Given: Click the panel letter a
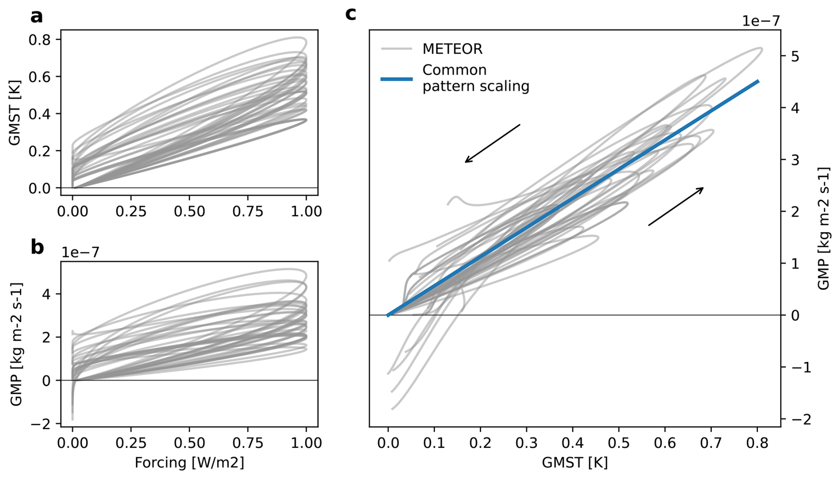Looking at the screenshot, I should [37, 16].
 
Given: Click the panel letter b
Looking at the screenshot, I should [37, 247].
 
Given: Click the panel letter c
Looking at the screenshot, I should [350, 14].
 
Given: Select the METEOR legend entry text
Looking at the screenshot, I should [452, 49].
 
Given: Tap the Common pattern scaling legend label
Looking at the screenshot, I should [475, 78].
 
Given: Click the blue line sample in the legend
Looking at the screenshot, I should [396, 79].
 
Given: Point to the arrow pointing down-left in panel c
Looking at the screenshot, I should [492, 143].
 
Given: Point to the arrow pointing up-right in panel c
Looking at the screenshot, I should [676, 206].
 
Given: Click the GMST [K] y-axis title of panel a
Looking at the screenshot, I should [15, 113].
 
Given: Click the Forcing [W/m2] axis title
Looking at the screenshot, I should [190, 463].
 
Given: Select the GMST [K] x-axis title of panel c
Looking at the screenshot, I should [575, 463].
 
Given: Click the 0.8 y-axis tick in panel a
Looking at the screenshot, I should [40, 40].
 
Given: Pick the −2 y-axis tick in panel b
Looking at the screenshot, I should [41, 424].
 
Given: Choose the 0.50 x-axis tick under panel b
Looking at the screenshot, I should [190, 443].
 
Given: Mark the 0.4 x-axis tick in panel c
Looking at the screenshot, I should [573, 443].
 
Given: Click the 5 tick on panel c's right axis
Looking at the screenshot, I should [795, 56].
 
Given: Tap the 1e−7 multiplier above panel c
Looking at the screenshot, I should [761, 21].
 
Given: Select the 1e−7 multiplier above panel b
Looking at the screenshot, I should [80, 252].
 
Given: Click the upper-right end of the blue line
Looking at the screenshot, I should [758, 81].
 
